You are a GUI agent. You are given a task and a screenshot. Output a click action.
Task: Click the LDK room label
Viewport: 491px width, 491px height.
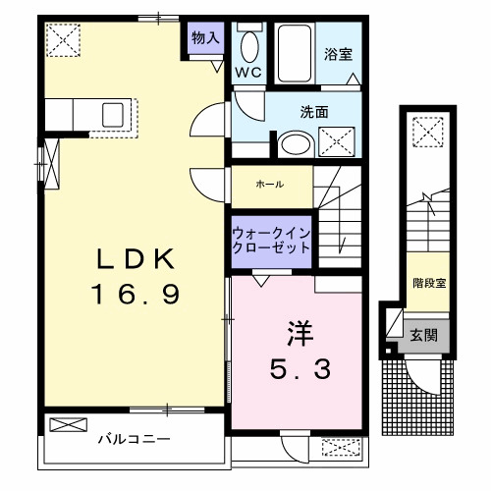click(x=136, y=260)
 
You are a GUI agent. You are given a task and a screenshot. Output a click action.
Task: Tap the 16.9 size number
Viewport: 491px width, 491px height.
click(x=136, y=294)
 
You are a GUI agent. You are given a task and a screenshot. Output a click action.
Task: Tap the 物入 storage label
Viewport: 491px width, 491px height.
click(x=205, y=38)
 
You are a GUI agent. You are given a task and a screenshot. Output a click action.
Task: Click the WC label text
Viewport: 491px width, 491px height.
click(x=247, y=73)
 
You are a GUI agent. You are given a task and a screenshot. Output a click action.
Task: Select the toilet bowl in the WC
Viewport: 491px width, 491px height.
click(x=249, y=46)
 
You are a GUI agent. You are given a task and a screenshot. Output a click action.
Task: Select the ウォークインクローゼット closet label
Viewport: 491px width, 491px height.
click(x=271, y=241)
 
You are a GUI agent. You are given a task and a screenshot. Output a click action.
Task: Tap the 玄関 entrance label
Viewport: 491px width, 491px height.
click(x=424, y=334)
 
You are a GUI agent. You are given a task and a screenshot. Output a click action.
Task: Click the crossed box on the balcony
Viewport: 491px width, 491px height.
click(x=69, y=427)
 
